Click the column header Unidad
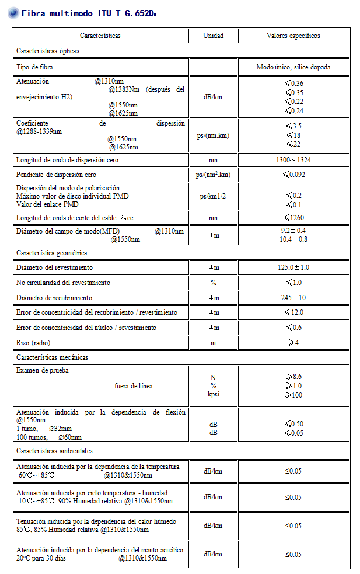tap(212, 36)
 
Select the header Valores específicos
tap(293, 36)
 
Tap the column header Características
tap(100, 36)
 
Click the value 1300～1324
tap(293, 159)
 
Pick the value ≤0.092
tap(293, 175)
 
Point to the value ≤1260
tap(293, 218)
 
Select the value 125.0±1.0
tap(293, 267)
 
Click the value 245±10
tap(293, 298)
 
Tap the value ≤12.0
tap(293, 312)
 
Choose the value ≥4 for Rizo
tap(293, 343)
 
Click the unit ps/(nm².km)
tap(212, 175)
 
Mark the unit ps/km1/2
tap(212, 196)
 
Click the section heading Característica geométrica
tap(52, 252)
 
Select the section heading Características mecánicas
tap(52, 357)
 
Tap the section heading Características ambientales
tap(54, 451)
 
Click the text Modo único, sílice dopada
tap(293, 67)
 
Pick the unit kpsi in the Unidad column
tap(212, 394)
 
